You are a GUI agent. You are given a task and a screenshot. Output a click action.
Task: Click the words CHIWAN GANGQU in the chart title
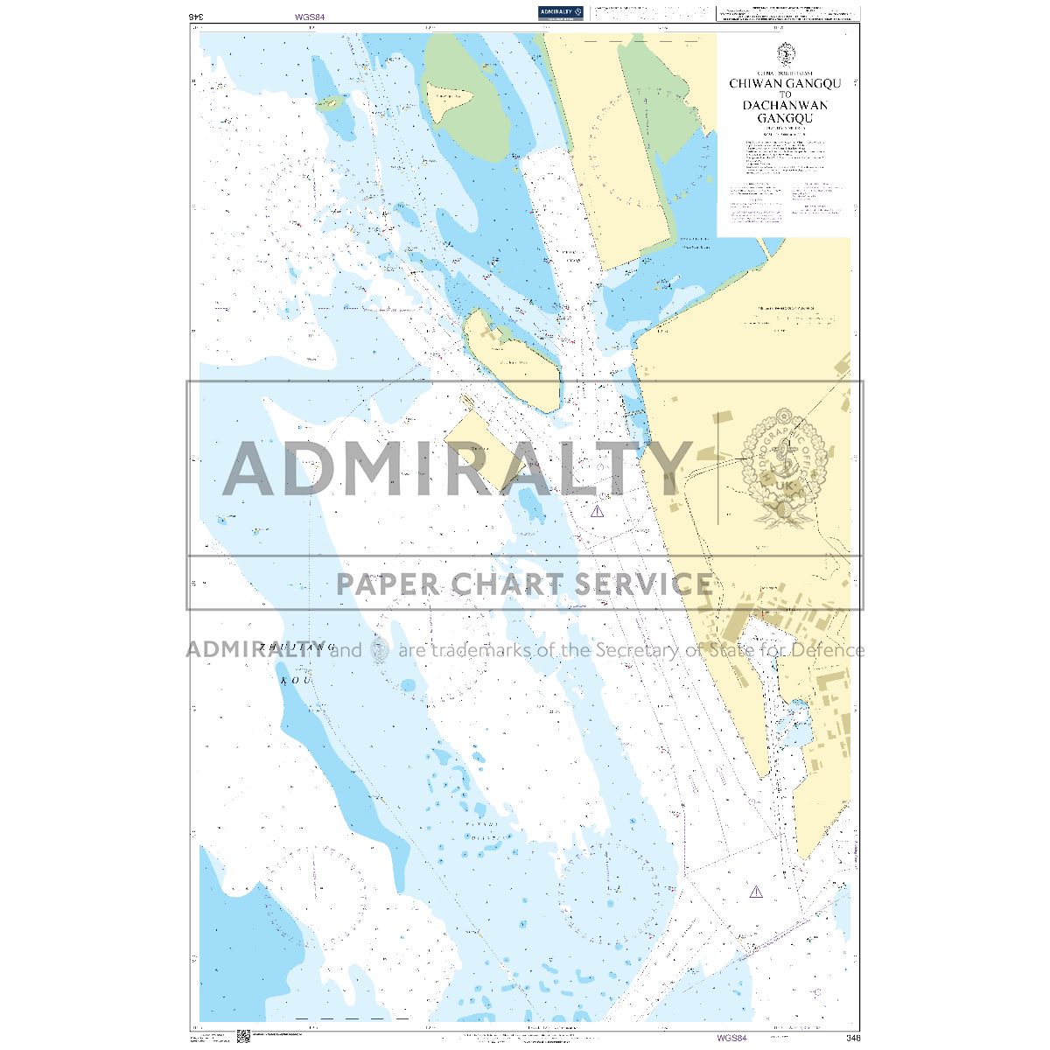tap(785, 84)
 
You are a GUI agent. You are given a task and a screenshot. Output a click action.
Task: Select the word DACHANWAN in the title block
tap(785, 105)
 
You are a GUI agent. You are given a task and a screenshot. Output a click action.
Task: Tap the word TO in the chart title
tap(785, 94)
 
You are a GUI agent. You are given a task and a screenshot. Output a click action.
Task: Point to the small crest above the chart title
tap(785, 54)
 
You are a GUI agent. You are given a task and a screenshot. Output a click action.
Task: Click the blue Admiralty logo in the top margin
tap(561, 12)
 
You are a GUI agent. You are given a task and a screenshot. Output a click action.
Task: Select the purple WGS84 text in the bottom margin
tap(731, 1038)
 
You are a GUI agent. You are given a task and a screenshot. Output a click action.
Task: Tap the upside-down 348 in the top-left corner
tap(197, 16)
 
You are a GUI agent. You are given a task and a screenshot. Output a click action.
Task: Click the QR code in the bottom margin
tap(243, 1036)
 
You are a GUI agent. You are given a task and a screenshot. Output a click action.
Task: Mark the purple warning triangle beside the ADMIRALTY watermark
tap(597, 511)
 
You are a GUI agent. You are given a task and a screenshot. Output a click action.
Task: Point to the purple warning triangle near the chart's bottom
tap(756, 892)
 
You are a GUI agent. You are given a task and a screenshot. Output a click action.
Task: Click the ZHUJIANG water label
tap(297, 647)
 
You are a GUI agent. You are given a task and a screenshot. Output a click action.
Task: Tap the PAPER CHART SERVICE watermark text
tap(524, 584)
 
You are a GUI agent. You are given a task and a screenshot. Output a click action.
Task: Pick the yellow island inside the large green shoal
tap(455, 103)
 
